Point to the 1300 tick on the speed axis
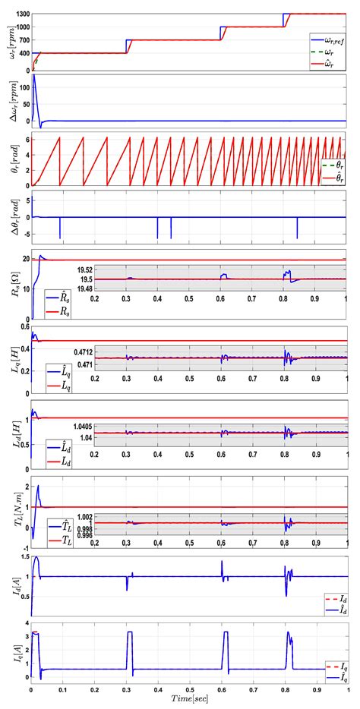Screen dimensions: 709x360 pos(21,14)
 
